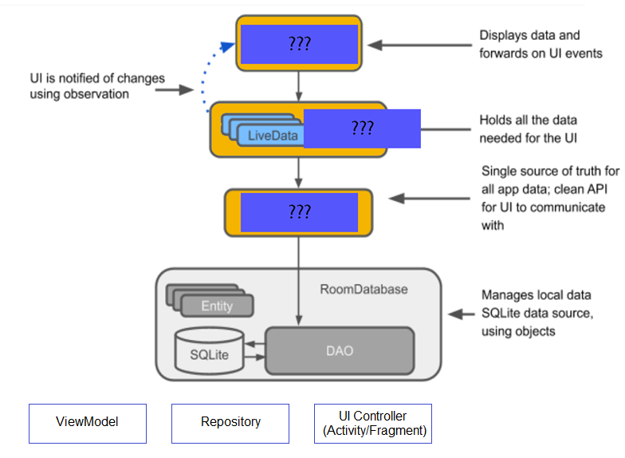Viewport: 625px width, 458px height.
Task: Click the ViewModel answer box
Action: coord(88,423)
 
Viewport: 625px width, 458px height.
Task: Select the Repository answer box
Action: coord(230,423)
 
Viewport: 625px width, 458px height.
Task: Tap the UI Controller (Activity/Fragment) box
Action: coord(373,423)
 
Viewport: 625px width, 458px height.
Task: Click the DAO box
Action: coord(340,351)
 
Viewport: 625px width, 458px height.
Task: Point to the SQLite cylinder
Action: coord(209,351)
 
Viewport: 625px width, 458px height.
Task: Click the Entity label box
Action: coord(217,306)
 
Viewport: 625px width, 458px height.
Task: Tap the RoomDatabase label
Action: coord(364,289)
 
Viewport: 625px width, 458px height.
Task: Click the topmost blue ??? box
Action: coord(300,44)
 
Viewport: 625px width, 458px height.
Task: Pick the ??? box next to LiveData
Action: coord(362,128)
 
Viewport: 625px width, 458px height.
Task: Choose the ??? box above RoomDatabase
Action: coord(300,212)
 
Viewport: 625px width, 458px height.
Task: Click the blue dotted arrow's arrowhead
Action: coord(227,46)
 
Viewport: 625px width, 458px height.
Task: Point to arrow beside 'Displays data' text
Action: coord(419,45)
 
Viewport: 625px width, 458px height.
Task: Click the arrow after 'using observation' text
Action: coord(175,89)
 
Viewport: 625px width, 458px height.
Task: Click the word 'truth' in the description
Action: coord(586,171)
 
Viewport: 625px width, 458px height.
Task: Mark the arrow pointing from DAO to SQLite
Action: coord(255,344)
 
